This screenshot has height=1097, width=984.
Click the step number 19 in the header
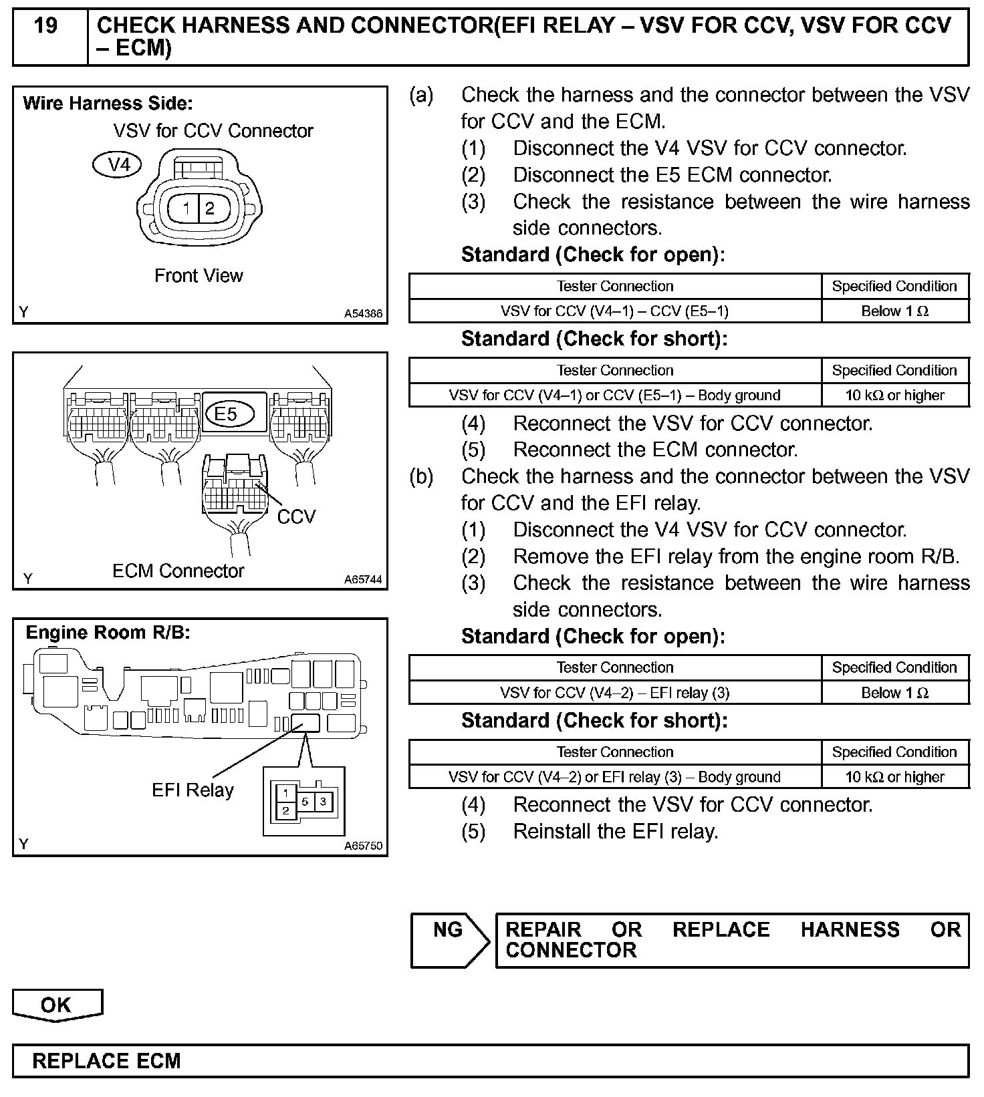click(x=45, y=27)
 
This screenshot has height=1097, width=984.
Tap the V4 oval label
click(x=118, y=164)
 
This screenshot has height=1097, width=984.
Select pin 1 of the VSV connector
click(x=187, y=208)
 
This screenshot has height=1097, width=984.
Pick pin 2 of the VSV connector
click(x=210, y=208)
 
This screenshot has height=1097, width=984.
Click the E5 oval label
click(x=227, y=414)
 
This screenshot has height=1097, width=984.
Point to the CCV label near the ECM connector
click(x=295, y=516)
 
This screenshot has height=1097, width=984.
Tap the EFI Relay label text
click(x=193, y=790)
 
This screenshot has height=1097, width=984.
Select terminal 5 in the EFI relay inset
click(x=305, y=801)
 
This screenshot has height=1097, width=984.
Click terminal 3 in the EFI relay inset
click(x=324, y=801)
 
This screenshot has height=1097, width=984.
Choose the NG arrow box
click(x=449, y=939)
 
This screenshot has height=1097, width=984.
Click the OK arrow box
click(x=56, y=1005)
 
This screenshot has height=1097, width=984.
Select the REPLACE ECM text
click(x=106, y=1061)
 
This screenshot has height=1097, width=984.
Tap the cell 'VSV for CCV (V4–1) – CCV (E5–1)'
click(x=614, y=311)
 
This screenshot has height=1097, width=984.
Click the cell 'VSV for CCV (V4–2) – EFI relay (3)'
click(x=614, y=693)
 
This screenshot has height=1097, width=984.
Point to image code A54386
click(x=364, y=313)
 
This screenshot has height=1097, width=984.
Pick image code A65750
click(x=363, y=846)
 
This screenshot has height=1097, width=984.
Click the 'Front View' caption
click(x=199, y=276)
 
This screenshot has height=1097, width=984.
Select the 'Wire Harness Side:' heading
click(x=108, y=104)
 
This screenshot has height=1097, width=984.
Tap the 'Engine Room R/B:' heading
click(x=108, y=632)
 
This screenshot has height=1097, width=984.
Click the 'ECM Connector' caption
click(x=178, y=571)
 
